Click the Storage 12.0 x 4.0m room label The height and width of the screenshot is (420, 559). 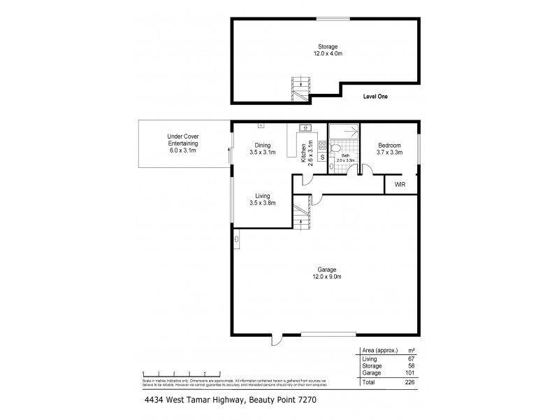pos(328,50)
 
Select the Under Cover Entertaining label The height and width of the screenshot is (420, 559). pos(184,143)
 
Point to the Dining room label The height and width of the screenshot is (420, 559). pos(263,149)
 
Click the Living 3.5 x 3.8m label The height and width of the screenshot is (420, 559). pos(263,199)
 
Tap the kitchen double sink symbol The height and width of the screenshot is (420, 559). pos(304,127)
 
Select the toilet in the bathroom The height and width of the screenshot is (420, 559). pos(337,148)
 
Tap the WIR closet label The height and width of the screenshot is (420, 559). pos(400,185)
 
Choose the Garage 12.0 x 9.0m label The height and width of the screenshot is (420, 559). pos(327,273)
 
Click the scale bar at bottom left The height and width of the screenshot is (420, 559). pos(182,374)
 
